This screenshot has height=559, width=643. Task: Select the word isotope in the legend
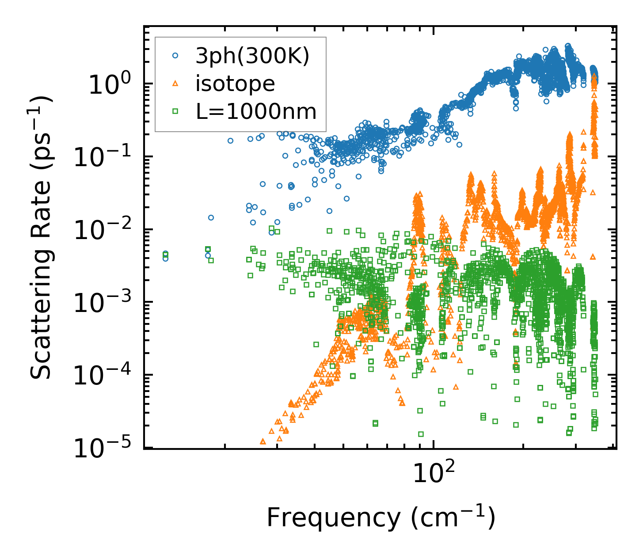click(235, 84)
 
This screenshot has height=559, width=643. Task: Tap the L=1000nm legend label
click(256, 112)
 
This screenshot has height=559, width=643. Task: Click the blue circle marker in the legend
click(175, 56)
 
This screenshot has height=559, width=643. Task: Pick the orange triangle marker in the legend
click(175, 83)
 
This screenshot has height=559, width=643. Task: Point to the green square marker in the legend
click(175, 111)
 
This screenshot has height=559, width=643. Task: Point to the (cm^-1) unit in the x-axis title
click(453, 517)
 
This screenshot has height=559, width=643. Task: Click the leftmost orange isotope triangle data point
click(263, 441)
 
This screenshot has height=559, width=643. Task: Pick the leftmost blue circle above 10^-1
click(230, 141)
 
